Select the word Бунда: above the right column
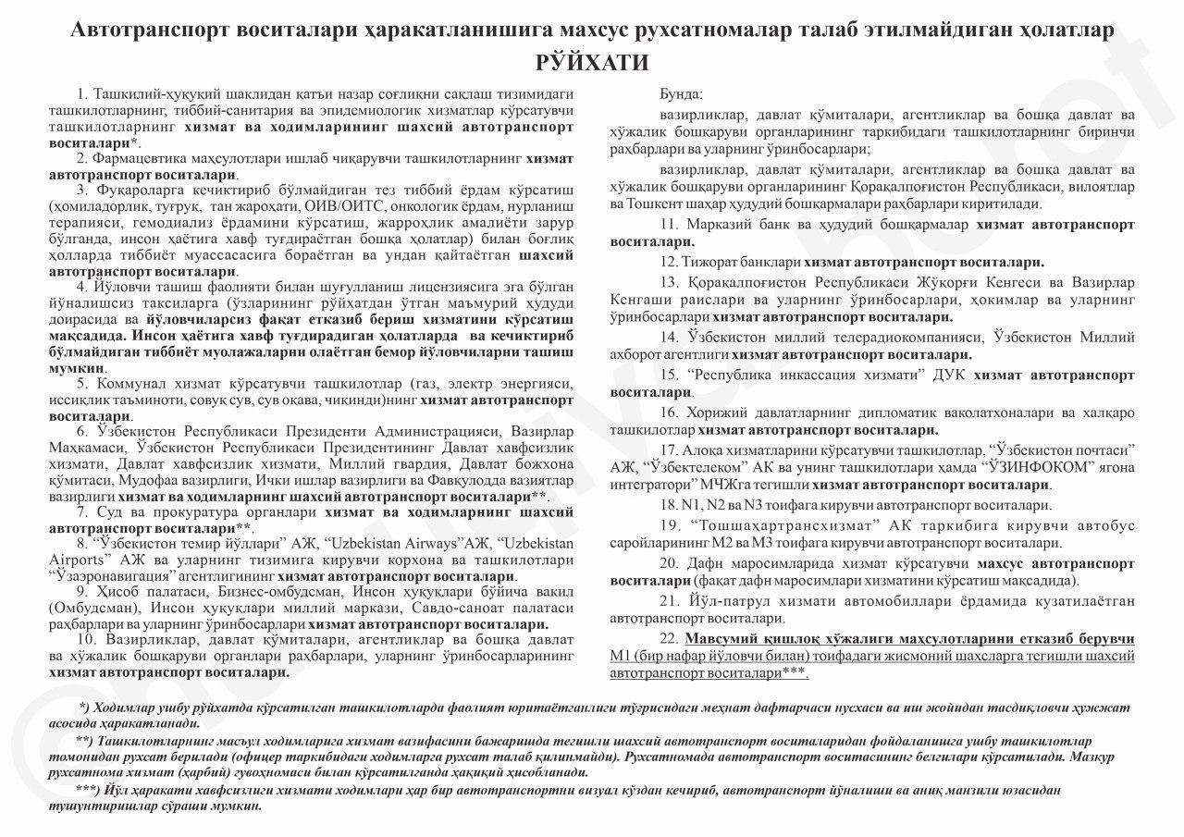tap(681, 95)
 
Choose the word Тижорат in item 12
tap(713, 262)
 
